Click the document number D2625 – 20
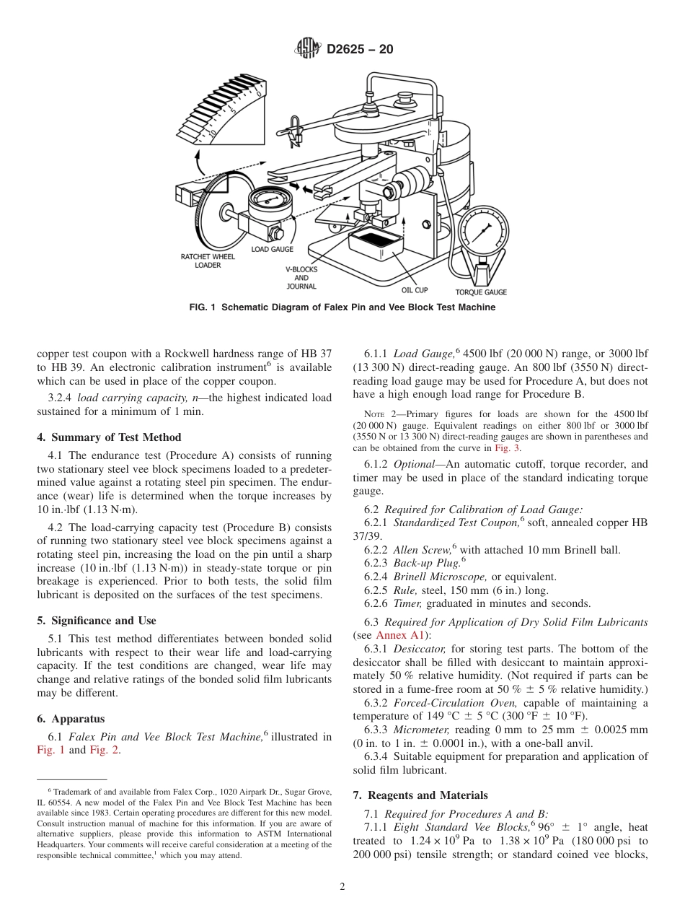(x=360, y=50)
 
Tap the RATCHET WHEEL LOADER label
(x=208, y=261)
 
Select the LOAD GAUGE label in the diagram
(x=272, y=249)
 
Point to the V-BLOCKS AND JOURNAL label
(x=301, y=278)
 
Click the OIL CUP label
(x=415, y=290)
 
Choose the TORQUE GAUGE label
(x=480, y=292)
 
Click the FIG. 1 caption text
(x=342, y=307)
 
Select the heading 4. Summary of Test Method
(x=109, y=437)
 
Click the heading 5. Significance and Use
(x=97, y=621)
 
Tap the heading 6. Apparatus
(x=71, y=719)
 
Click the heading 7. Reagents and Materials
(x=420, y=795)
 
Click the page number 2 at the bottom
(x=342, y=887)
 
